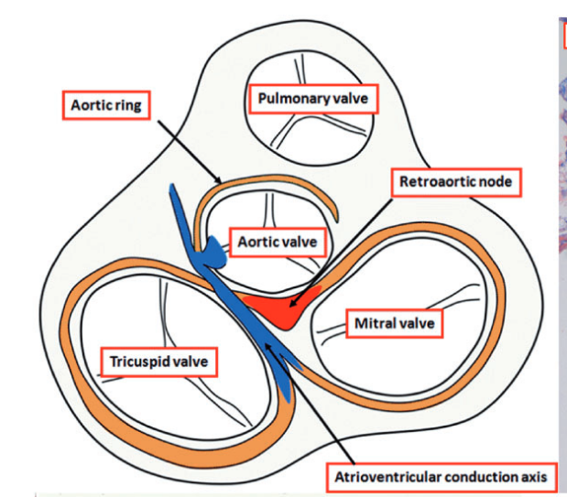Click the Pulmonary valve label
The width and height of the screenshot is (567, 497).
coord(311,98)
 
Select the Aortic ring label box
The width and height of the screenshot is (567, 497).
coord(107,105)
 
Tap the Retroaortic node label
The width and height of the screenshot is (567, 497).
coord(458,181)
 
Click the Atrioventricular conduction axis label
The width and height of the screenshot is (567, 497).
coord(441,476)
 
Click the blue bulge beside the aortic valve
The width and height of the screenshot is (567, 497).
coord(213,250)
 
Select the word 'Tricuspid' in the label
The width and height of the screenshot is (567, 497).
coord(136,362)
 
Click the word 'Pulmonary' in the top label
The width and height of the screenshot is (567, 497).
coord(289,98)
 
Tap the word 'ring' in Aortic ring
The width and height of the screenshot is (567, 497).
coord(129,105)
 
